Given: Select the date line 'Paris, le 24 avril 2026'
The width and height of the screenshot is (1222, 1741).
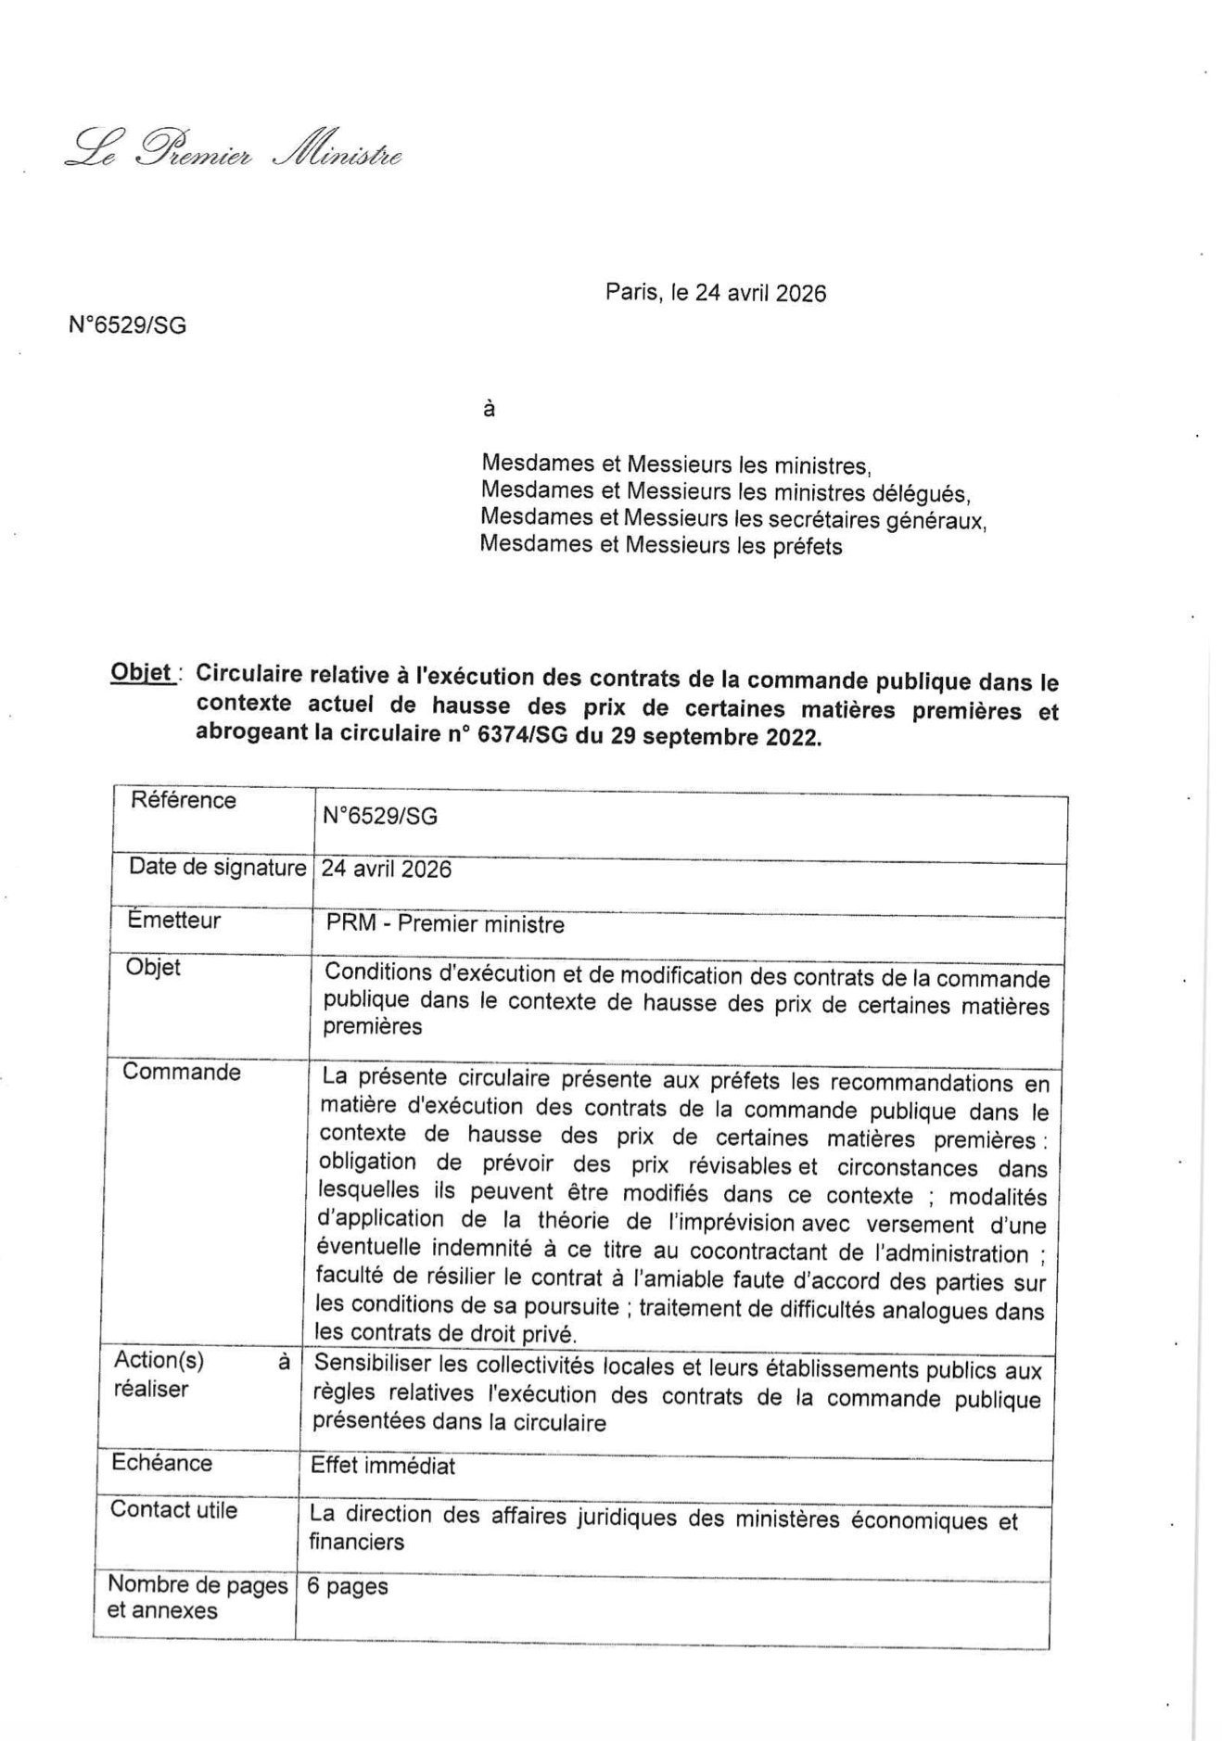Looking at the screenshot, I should [x=715, y=293].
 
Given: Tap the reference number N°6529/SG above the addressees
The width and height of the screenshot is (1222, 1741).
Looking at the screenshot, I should [x=127, y=325].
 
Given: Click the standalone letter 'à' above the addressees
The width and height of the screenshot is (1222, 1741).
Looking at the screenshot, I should [x=489, y=409].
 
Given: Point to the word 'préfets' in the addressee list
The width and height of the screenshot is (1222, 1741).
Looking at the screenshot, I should [x=808, y=546].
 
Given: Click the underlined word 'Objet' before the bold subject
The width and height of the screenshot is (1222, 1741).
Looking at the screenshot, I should [x=141, y=672].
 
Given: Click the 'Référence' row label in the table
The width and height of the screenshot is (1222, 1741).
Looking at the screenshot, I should [x=183, y=800].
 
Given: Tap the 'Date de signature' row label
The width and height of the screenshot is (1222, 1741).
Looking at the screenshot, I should [x=217, y=868].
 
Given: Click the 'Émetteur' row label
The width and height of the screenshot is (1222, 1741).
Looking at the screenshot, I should [x=174, y=921].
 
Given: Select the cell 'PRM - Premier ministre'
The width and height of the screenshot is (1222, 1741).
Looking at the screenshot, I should [x=445, y=924].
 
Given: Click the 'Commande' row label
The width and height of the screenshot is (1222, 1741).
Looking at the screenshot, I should [x=182, y=1072].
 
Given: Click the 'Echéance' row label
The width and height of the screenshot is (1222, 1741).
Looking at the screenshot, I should [x=162, y=1463].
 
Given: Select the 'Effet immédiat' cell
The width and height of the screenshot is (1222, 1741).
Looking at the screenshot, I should [x=383, y=1466].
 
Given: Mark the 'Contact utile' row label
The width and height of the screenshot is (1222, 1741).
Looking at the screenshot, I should [x=173, y=1510].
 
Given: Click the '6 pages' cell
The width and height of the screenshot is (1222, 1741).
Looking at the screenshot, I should [x=348, y=1586].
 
